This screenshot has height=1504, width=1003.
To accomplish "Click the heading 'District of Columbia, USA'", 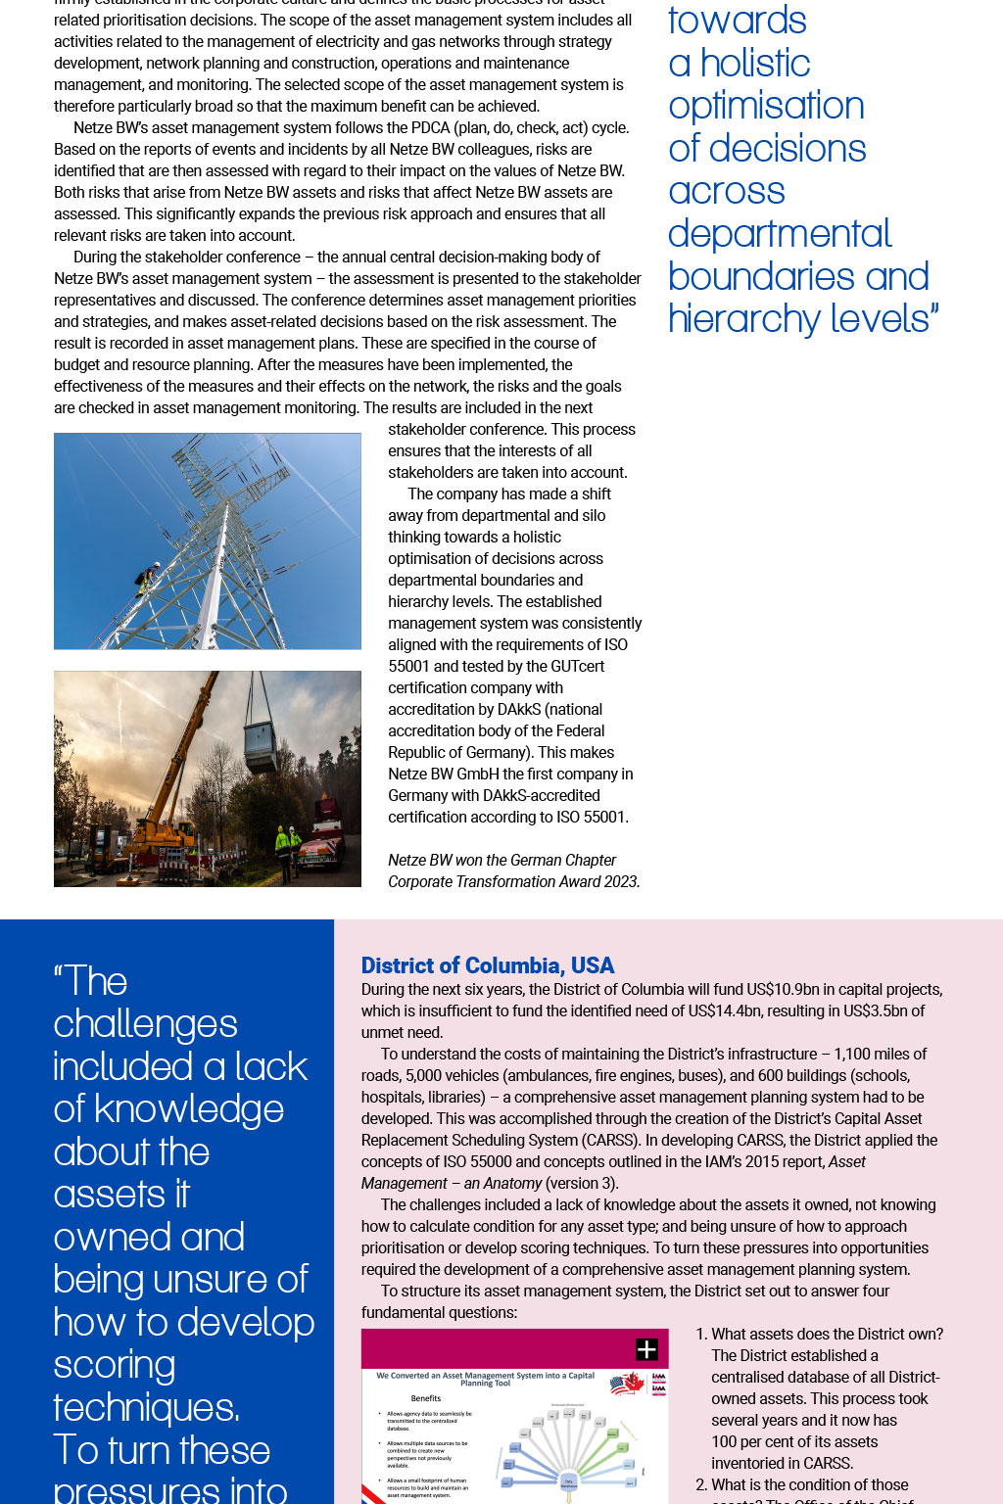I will [487, 965].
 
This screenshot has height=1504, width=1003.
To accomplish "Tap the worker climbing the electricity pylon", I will [150, 578].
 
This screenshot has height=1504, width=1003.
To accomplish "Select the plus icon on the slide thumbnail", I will [646, 1349].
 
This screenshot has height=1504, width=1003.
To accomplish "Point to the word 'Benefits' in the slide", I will [425, 1398].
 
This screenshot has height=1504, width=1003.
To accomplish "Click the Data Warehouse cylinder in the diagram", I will [568, 1482].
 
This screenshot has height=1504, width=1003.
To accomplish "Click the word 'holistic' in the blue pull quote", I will [755, 64].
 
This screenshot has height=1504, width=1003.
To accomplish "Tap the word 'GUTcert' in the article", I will [577, 667].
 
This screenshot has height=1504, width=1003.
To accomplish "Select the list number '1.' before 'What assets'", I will [701, 1335].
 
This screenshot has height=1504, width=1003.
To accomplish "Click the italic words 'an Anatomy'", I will [502, 1184].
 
